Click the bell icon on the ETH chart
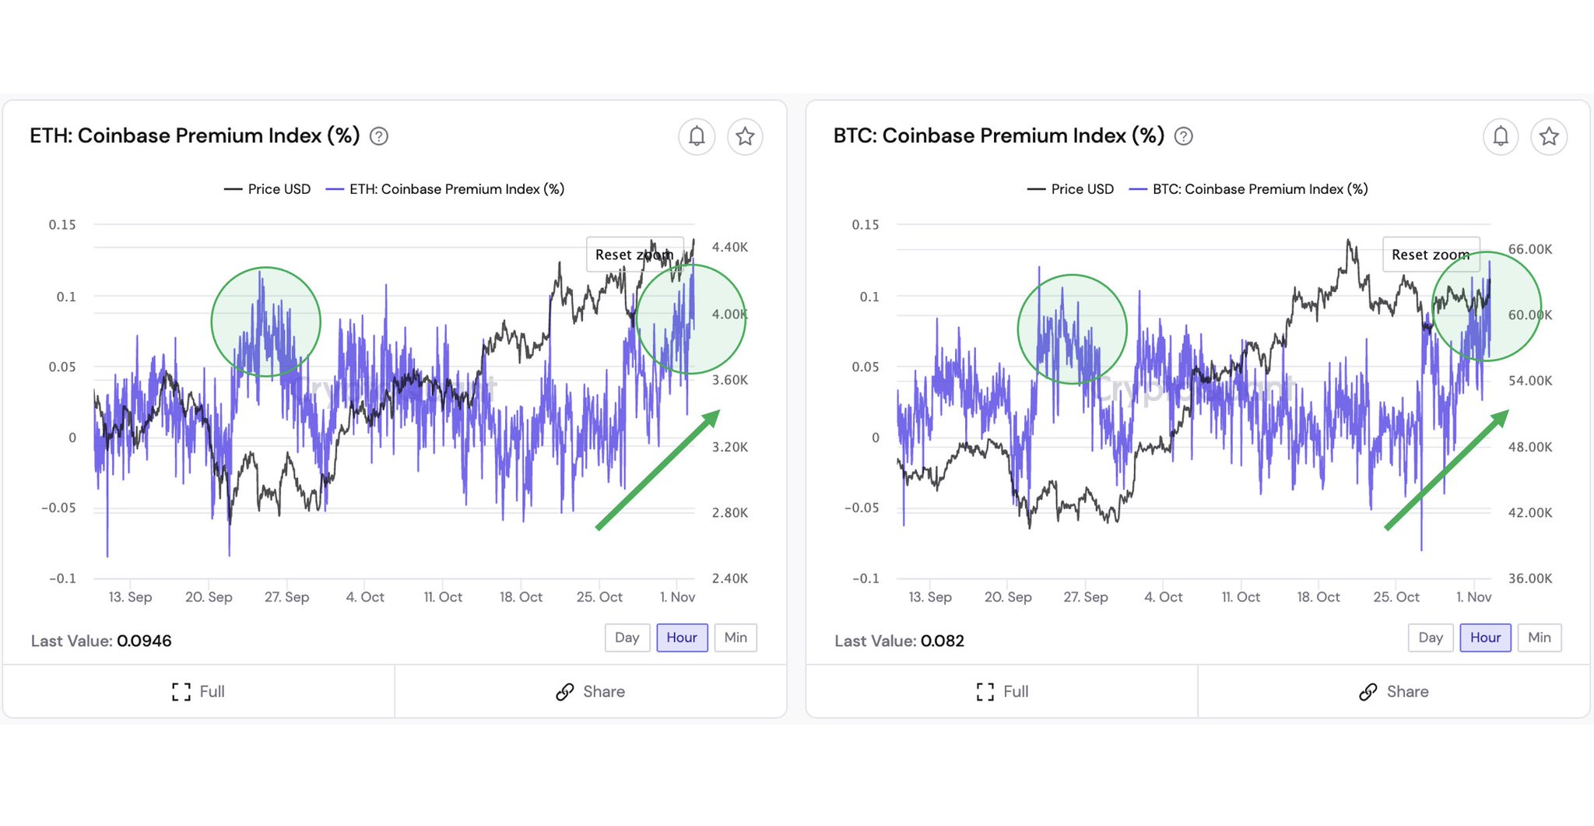[697, 136]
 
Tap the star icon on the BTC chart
[1549, 136]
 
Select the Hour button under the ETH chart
[682, 638]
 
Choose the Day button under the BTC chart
[1430, 638]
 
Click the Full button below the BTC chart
[1002, 691]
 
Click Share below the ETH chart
[591, 691]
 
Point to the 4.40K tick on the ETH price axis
[729, 248]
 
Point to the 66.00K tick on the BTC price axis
[1529, 249]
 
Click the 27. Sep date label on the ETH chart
[286, 597]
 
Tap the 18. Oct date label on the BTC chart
[1318, 597]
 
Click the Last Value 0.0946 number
[144, 641]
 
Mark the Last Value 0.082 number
[942, 641]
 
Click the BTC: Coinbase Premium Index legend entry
[1248, 189]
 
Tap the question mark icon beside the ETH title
[379, 136]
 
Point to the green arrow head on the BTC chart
[1500, 419]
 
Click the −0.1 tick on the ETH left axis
[62, 578]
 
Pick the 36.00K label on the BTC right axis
[1529, 578]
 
